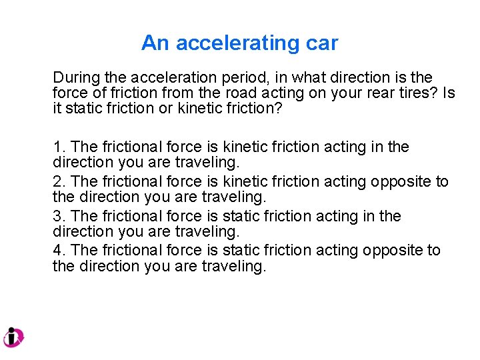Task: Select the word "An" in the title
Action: (x=155, y=43)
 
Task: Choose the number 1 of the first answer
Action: (x=56, y=147)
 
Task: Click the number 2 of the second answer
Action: (x=56, y=181)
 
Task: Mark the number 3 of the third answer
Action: (x=56, y=216)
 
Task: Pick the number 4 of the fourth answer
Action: (x=56, y=250)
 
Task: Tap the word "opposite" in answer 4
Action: (x=391, y=250)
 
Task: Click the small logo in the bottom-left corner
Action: (x=13, y=337)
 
